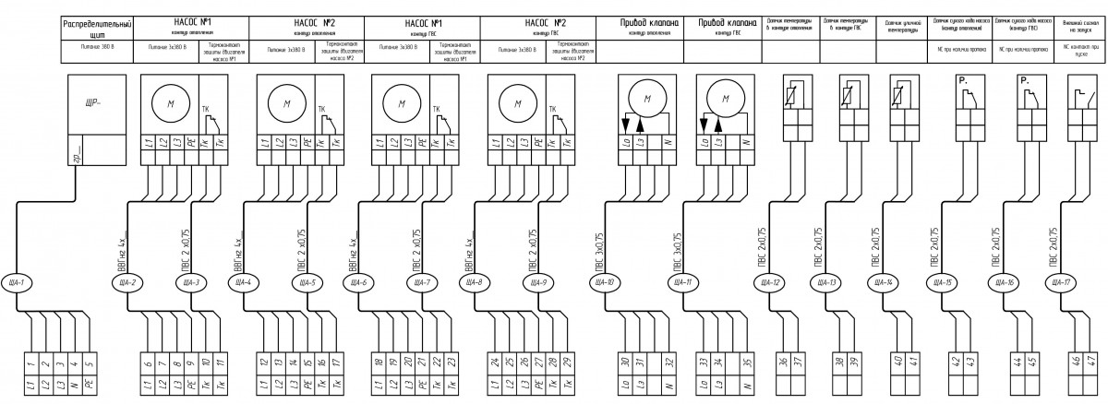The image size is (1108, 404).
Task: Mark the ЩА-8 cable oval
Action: coord(476,282)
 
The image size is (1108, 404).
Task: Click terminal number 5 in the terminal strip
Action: coord(90,362)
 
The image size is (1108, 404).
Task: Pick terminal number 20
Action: coord(407,362)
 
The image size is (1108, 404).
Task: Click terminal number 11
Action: coord(219,362)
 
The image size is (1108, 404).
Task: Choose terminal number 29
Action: coord(566,362)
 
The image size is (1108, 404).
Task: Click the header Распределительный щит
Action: coord(97,27)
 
